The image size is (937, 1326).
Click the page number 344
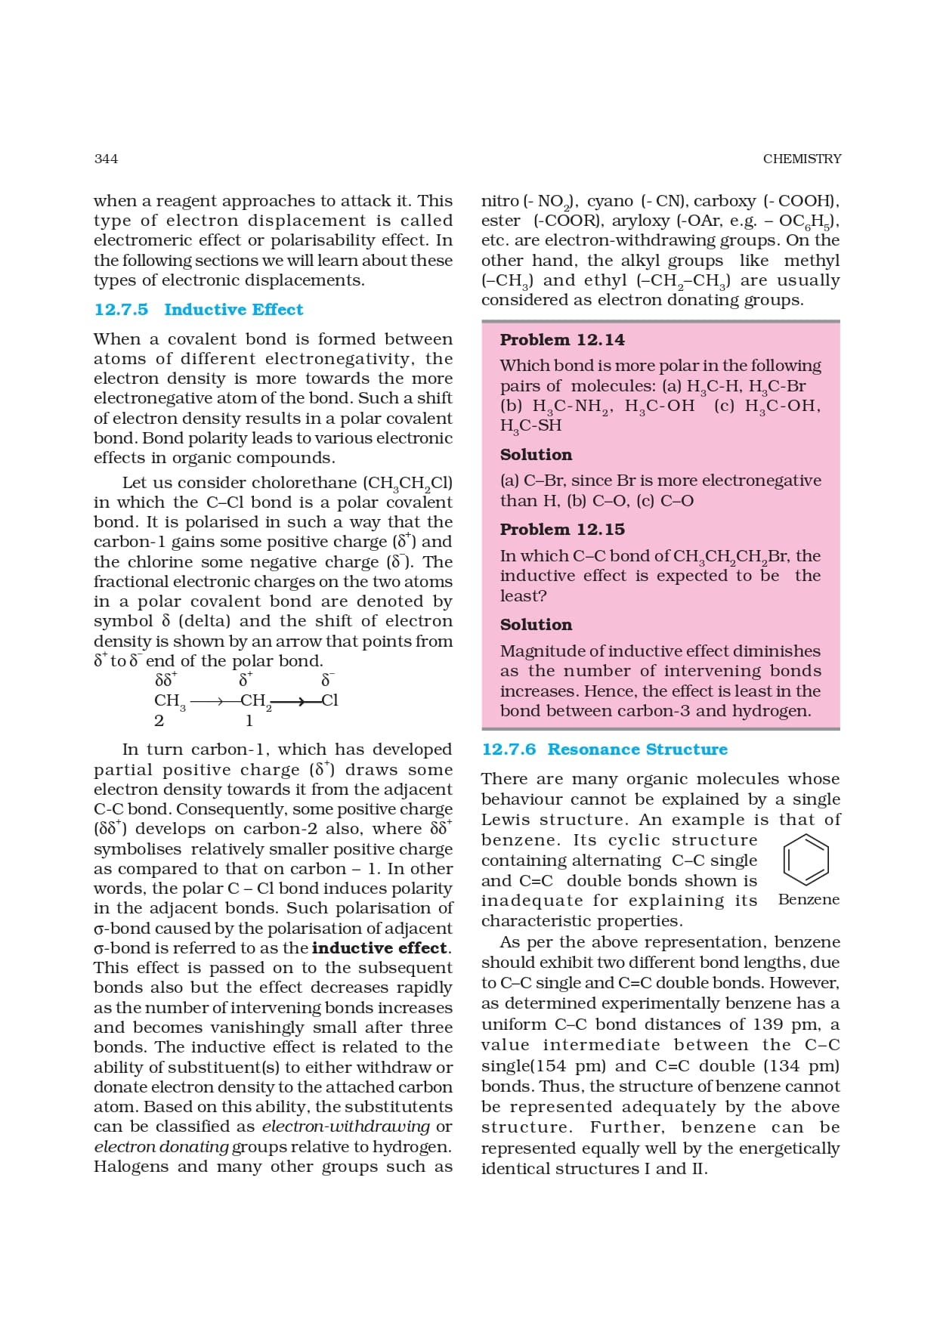106,159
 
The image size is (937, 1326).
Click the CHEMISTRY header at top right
801,159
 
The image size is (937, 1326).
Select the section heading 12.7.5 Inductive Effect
198,310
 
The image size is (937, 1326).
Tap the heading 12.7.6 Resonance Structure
605,750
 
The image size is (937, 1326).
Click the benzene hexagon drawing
806,860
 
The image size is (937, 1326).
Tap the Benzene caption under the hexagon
809,900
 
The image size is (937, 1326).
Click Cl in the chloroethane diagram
329,700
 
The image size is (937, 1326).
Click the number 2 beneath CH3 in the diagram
159,721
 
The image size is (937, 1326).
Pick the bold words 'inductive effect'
380,948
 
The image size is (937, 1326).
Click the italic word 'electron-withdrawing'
346,1127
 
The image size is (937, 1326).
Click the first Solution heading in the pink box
536,455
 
